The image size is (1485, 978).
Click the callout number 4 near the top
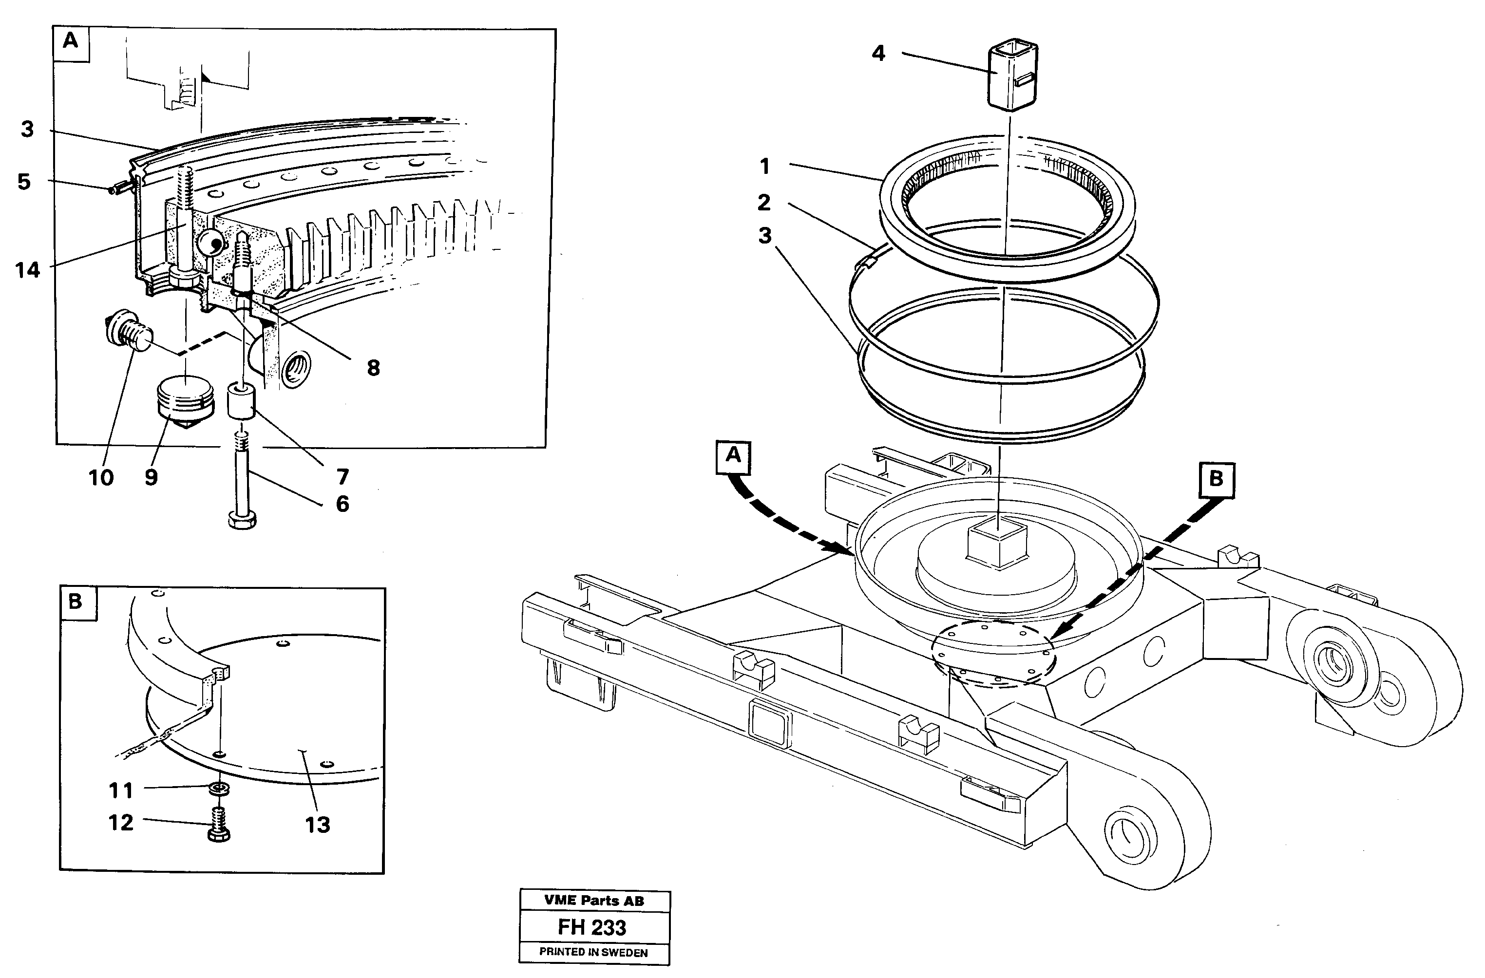(878, 54)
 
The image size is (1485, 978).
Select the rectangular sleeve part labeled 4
(1011, 76)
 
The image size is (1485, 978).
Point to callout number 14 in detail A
(27, 270)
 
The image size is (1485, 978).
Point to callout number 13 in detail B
(317, 825)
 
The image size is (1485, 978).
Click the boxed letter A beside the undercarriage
(733, 455)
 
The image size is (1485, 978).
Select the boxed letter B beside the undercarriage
(1216, 479)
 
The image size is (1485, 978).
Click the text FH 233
(591, 927)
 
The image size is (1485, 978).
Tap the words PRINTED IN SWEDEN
(593, 952)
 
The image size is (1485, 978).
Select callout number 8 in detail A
(373, 368)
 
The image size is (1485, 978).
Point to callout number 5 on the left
(24, 182)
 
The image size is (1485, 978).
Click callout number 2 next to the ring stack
(764, 202)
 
